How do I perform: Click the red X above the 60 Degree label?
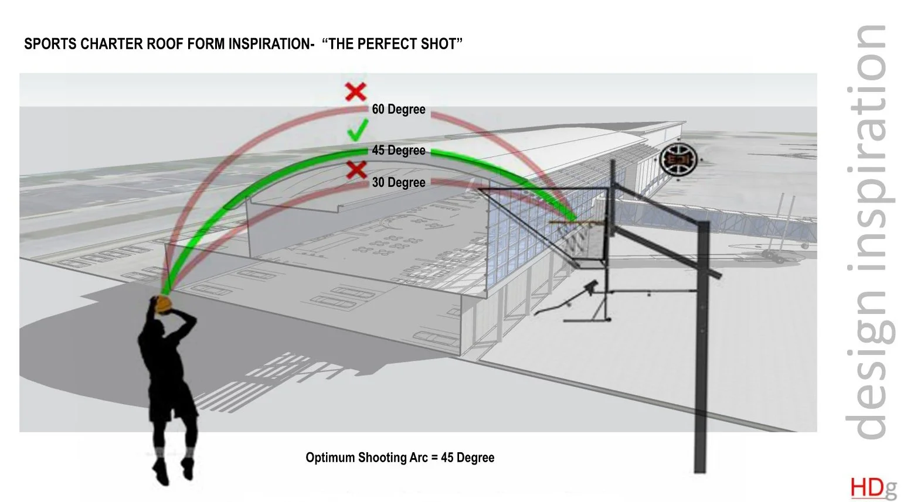click(355, 92)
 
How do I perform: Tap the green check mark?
click(357, 130)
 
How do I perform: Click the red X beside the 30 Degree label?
click(356, 170)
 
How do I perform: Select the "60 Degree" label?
click(399, 110)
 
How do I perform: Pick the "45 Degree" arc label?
click(399, 151)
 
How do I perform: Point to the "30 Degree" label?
click(399, 183)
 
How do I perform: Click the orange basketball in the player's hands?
click(163, 304)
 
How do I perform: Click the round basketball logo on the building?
click(678, 159)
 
